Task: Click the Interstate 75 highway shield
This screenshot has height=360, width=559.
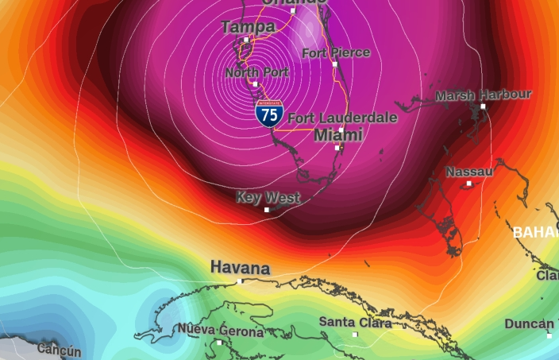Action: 269,114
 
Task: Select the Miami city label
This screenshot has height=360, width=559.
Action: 338,135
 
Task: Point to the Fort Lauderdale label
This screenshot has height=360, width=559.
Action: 342,118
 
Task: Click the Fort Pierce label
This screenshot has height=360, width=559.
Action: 336,52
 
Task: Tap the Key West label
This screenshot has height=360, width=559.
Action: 268,197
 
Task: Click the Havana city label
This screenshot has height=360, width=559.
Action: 240,268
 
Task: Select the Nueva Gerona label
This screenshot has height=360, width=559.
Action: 220,331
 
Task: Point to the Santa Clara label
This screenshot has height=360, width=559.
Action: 355,323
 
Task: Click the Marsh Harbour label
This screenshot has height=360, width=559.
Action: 483,95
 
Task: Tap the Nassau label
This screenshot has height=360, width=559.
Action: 469,172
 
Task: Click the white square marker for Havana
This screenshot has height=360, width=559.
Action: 240,281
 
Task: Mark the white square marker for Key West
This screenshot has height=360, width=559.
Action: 267,210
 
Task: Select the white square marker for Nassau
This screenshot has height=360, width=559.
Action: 469,184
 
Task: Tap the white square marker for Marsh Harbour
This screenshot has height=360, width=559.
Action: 483,106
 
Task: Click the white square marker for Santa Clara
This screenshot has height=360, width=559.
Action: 355,335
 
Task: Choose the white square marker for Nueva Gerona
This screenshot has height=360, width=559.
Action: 220,343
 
